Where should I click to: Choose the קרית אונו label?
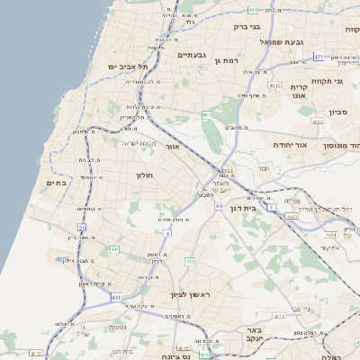pyautogui.click(x=300, y=91)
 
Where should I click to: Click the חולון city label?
pyautogui.click(x=146, y=175)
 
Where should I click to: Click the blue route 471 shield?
pyautogui.click(x=319, y=56)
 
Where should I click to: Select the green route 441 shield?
pyautogui.click(x=114, y=249)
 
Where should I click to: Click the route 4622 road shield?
pyautogui.click(x=317, y=121)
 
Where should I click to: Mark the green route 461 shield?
pyautogui.click(x=206, y=115)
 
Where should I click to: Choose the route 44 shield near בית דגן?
pyautogui.click(x=218, y=206)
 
